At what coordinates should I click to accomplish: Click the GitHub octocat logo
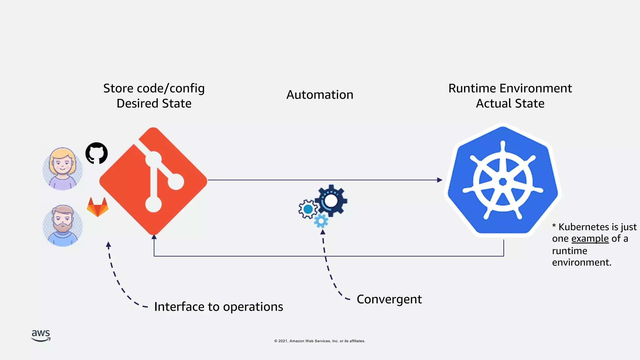[97, 153]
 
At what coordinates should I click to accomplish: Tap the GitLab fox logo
[97, 207]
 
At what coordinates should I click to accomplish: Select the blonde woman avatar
[63, 169]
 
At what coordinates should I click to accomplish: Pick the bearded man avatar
[63, 225]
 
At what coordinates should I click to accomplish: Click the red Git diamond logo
[153, 181]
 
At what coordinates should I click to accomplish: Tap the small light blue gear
[321, 221]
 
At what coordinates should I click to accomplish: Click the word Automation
[320, 95]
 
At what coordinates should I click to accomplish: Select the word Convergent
[389, 299]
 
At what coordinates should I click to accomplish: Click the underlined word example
[590, 239]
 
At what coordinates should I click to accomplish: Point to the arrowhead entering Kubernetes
[440, 180]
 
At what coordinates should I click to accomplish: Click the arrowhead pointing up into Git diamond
[154, 237]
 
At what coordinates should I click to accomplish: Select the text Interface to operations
[218, 307]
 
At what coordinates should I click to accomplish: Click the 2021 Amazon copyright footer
[319, 341]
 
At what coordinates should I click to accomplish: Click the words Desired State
[154, 103]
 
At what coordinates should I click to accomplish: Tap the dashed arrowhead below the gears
[323, 232]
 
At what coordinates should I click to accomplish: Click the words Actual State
[510, 103]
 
